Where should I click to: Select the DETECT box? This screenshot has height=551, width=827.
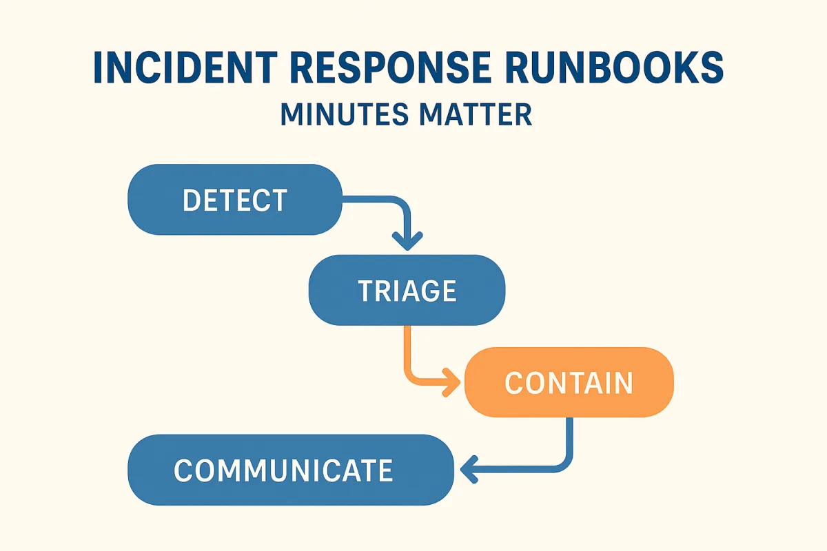click(x=235, y=200)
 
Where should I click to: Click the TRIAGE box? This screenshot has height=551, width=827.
click(x=407, y=291)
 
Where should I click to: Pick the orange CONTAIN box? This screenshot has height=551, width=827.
click(x=569, y=383)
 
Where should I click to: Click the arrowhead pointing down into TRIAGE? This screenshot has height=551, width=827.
click(x=407, y=240)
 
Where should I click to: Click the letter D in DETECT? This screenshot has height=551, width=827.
click(x=192, y=200)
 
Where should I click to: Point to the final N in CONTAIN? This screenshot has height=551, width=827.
click(x=623, y=384)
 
